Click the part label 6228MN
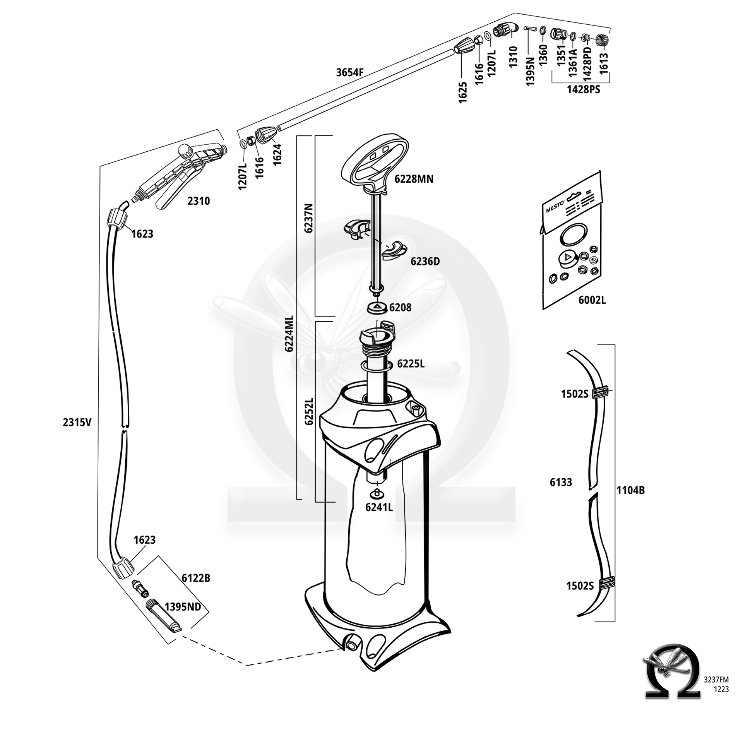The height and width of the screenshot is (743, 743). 414,179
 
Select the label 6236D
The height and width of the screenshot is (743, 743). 425,261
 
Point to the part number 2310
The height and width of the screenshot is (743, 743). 199,201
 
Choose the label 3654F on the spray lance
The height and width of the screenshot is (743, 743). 350,72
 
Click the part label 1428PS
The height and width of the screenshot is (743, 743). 583,90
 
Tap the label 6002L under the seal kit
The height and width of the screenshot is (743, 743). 592,300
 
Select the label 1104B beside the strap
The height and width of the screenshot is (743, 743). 630,490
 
